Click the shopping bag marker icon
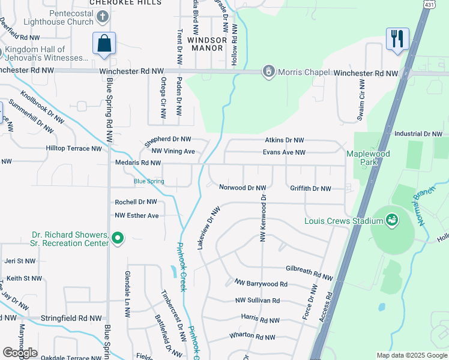104,44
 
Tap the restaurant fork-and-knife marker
397,40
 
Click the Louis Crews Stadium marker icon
392,220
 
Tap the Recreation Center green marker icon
118,239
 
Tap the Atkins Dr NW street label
287,140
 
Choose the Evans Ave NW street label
284,152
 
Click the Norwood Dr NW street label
242,188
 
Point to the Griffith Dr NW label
310,188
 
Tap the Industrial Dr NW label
418,134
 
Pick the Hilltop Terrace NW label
74,148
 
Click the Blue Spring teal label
148,181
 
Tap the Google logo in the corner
20,353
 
